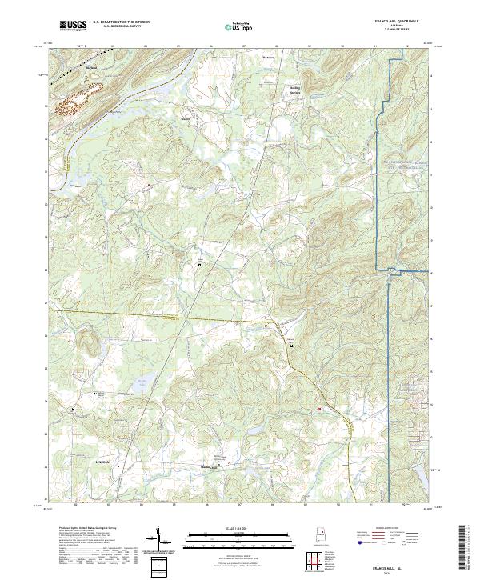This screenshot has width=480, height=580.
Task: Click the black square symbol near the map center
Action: (x=200, y=264)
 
